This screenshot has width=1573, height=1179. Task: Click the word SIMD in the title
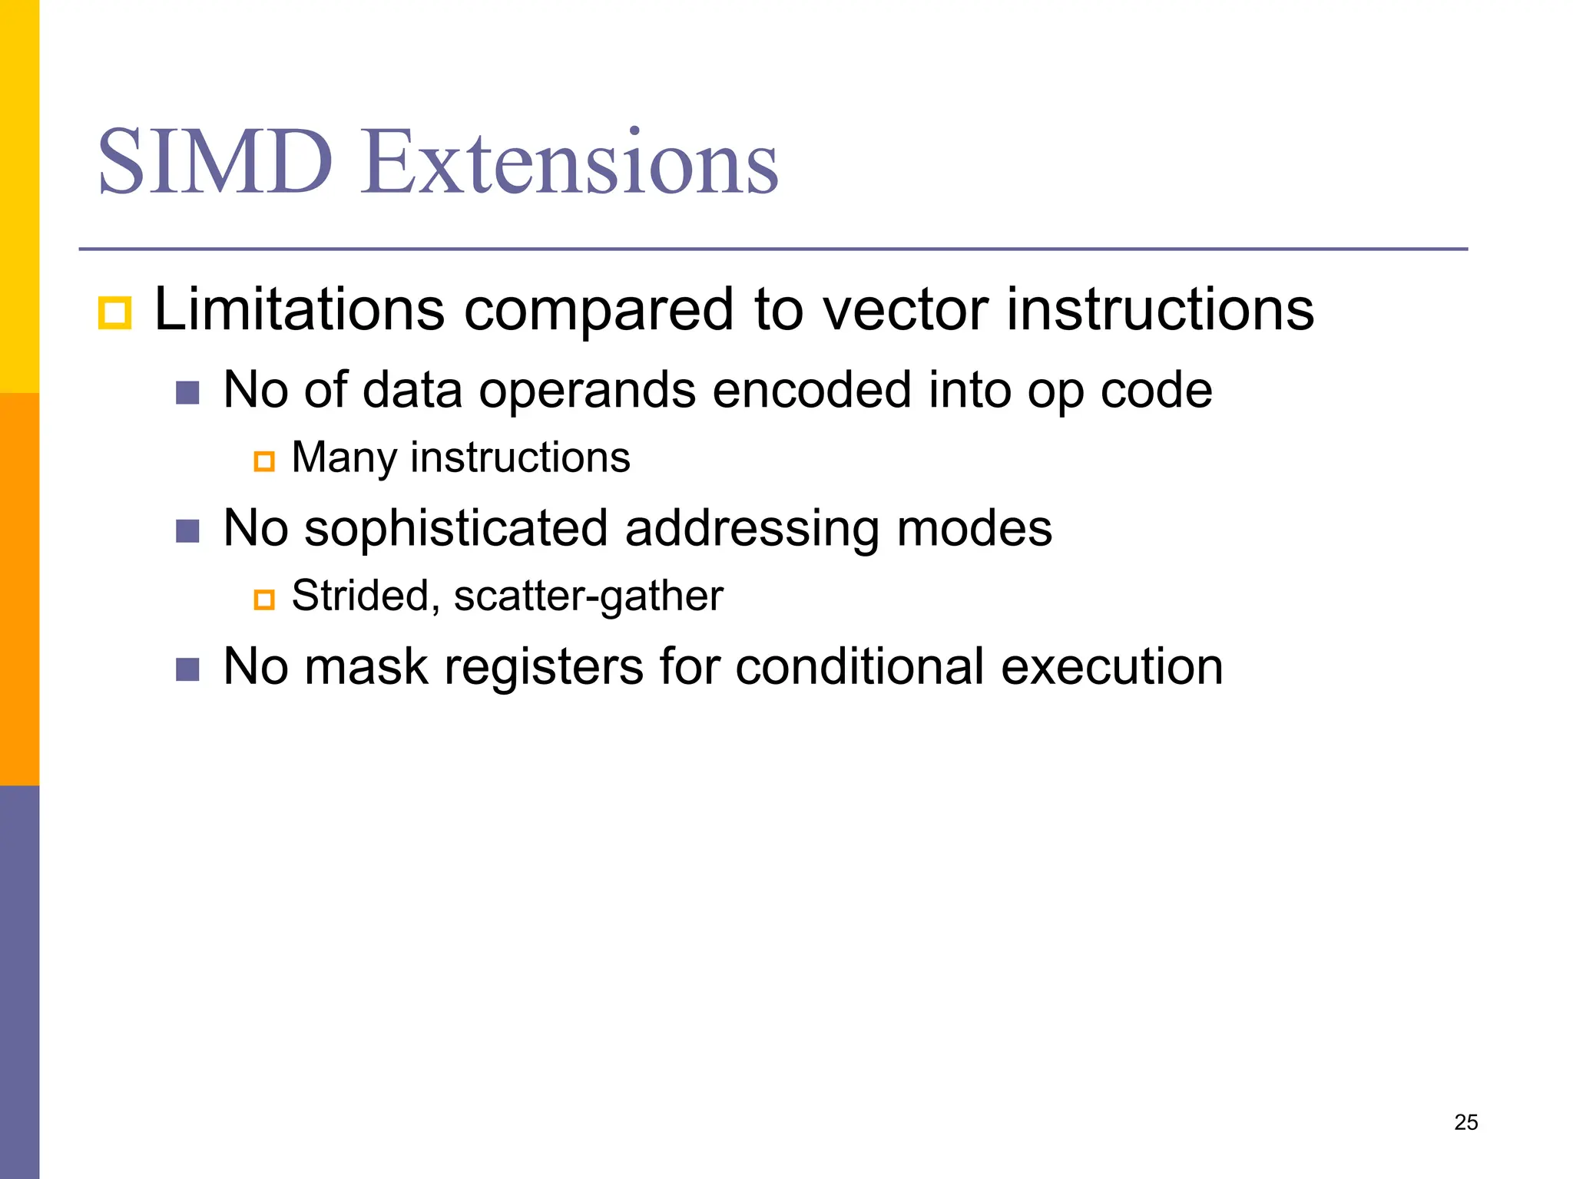215,163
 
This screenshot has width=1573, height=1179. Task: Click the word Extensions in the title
570,163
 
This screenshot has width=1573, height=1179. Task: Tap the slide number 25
1465,1122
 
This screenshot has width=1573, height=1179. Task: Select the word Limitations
300,309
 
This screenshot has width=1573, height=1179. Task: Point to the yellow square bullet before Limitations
114,313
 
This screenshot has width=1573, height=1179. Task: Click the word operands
588,390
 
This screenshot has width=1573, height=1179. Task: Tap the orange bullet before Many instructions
264,461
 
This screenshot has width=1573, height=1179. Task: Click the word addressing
753,528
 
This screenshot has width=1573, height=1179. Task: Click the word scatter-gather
588,596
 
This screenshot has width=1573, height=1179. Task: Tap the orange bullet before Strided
264,599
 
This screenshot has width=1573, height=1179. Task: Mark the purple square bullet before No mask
187,669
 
